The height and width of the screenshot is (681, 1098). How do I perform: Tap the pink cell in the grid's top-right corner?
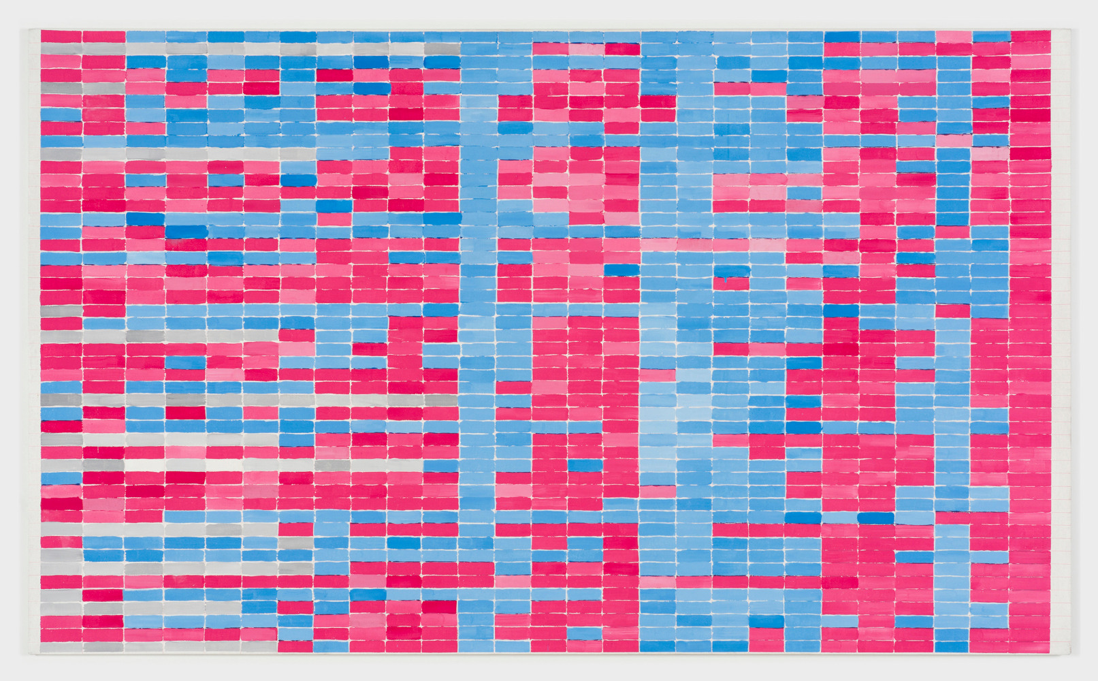[1030, 36]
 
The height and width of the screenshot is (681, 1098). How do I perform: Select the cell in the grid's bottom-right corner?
[1030, 646]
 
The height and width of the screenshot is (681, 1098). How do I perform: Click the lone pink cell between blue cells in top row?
[953, 36]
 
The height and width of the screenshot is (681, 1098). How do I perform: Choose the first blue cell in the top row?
[145, 36]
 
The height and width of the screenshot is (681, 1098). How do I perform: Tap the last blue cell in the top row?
[990, 36]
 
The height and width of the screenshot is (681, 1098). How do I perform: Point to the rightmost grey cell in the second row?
[442, 49]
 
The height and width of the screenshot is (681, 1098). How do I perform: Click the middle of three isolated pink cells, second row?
[586, 49]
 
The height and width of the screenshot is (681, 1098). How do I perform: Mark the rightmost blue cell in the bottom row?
[952, 646]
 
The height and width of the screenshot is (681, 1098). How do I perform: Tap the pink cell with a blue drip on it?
[731, 283]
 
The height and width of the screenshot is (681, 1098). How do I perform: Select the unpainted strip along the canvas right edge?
[1060, 340]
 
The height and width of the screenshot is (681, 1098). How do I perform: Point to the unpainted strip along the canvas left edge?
[34, 340]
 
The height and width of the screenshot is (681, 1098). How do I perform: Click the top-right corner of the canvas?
[1069, 29]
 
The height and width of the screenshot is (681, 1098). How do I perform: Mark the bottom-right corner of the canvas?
[1069, 654]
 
